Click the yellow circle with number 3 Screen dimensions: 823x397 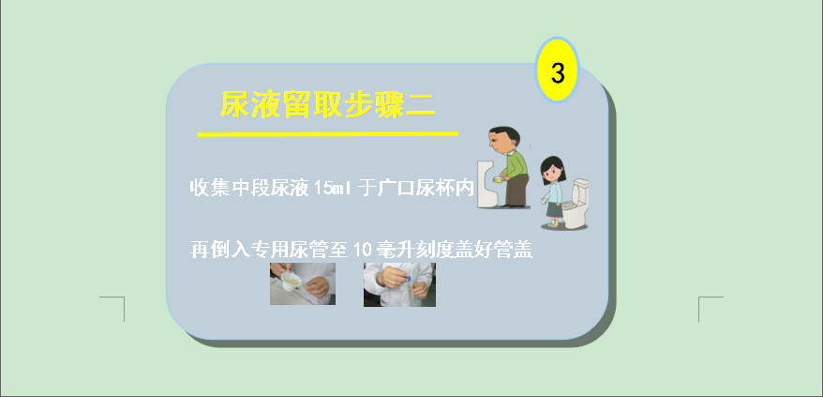557,70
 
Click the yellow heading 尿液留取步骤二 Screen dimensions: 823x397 327,104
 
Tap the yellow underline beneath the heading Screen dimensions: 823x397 327,134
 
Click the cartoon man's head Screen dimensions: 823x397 503,140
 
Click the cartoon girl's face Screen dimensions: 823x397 552,171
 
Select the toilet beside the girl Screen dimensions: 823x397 576,204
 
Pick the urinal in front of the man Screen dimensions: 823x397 487,184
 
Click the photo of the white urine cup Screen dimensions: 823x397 303,284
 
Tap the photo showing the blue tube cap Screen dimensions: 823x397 399,284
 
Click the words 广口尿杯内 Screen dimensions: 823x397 426,188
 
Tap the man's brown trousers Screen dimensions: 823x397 516,191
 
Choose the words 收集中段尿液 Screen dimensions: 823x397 248,188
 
